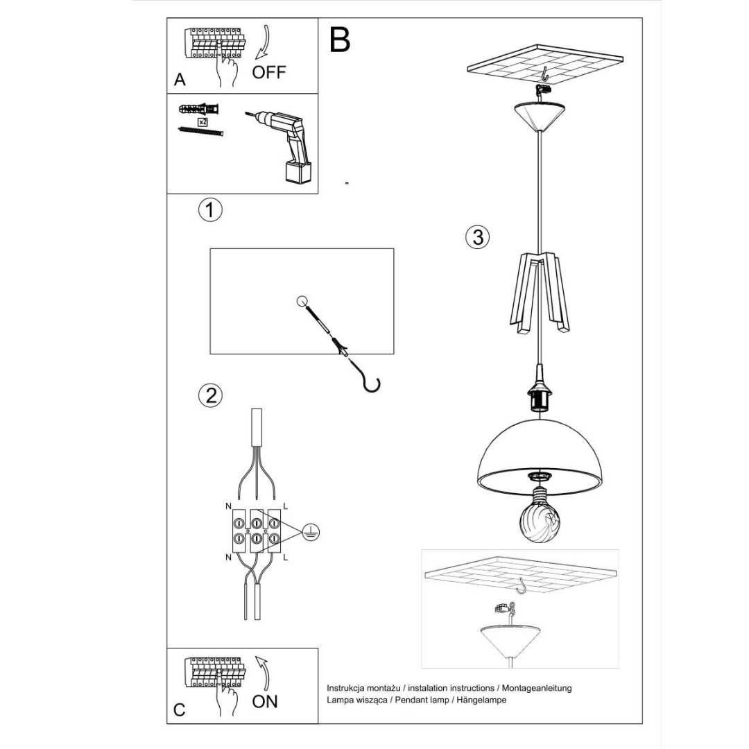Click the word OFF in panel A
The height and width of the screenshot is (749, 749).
[x=269, y=72]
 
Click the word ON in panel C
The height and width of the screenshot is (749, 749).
[x=265, y=701]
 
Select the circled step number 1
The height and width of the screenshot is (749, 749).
[x=210, y=209]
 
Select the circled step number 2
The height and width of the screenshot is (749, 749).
[x=210, y=395]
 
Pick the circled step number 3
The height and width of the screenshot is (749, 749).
[x=478, y=237]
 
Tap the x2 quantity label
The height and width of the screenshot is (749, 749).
[x=203, y=122]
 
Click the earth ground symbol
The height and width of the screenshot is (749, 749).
[x=311, y=533]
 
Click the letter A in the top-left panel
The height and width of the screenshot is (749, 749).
[x=180, y=79]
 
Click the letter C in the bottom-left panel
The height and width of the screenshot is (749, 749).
[x=179, y=710]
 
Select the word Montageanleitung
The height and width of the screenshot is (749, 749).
[x=536, y=689]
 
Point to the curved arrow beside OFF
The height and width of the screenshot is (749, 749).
[x=264, y=42]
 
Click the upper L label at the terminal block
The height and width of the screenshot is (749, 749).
[x=286, y=506]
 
